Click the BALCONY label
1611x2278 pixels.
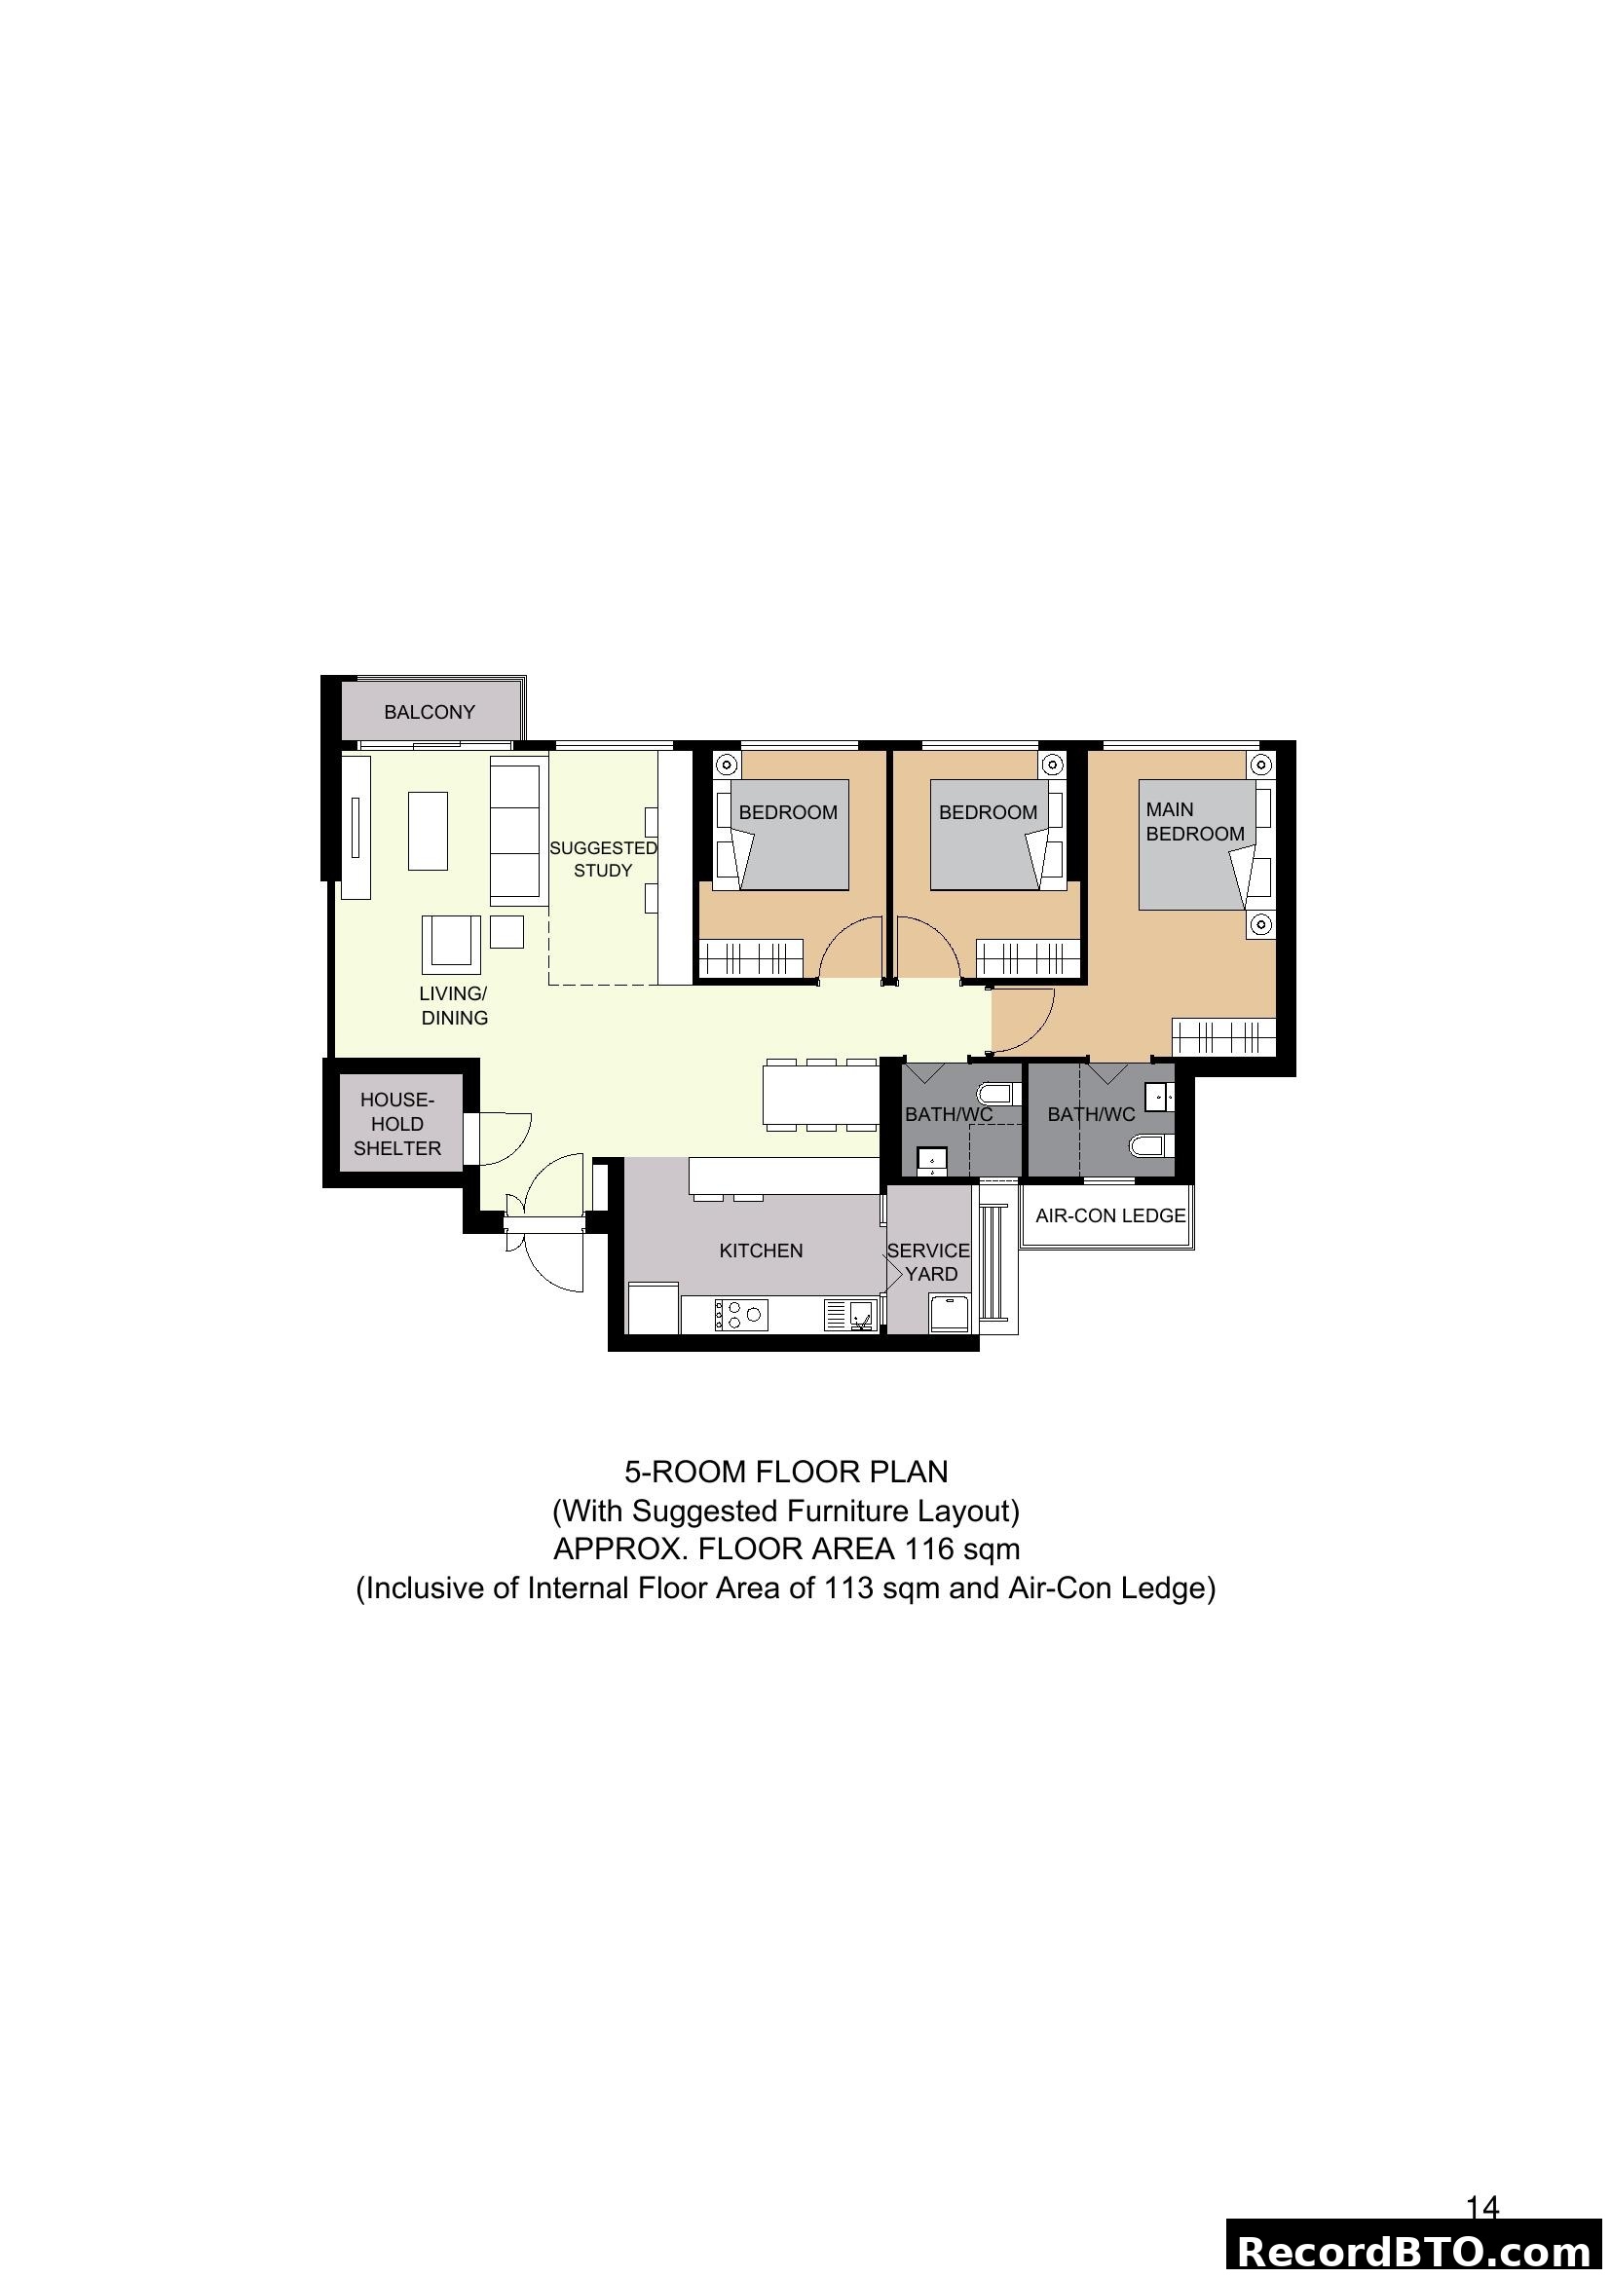click(x=430, y=712)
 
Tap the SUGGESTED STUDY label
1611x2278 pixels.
click(x=603, y=859)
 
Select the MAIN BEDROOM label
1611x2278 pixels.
click(x=1194, y=822)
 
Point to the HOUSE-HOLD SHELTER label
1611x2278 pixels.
click(x=396, y=1124)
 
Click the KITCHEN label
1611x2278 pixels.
click(x=761, y=1251)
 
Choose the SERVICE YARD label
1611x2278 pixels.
click(x=929, y=1262)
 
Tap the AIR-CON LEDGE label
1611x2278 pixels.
click(x=1110, y=1215)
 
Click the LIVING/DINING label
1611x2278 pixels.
click(x=454, y=1005)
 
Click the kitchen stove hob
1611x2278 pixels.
click(x=741, y=1316)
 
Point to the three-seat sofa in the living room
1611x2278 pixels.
click(x=519, y=830)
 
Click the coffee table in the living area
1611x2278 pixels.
click(x=428, y=831)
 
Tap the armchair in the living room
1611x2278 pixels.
click(x=451, y=944)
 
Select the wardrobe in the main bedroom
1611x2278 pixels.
click(x=1222, y=1038)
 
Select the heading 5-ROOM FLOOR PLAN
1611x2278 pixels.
click(x=786, y=1472)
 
